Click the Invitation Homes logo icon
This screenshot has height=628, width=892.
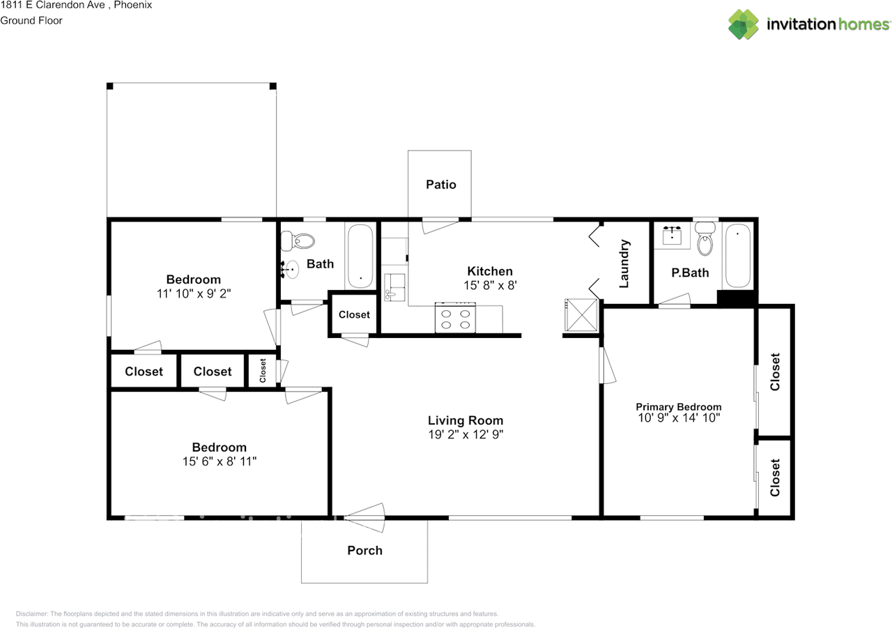coord(744,24)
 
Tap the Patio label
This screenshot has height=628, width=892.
coord(441,185)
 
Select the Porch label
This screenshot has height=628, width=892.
coord(364,551)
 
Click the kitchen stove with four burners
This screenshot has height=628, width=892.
coord(455,318)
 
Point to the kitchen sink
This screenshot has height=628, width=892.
coord(394,287)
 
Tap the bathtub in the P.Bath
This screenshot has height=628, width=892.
coord(737,256)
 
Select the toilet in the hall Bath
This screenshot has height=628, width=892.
coord(299,241)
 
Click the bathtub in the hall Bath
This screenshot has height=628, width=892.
coord(360,256)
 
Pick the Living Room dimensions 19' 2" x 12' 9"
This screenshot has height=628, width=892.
coord(466,434)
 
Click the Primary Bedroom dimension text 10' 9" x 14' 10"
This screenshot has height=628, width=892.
coord(678,418)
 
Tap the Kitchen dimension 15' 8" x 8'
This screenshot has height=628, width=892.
coord(489,285)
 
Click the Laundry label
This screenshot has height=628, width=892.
coord(624,263)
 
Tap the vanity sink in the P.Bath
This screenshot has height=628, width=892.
coord(672,235)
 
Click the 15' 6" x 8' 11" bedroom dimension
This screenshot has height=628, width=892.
coord(220,461)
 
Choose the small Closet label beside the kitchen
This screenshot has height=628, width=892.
coord(354,315)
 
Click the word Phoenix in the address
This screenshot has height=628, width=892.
coord(132,5)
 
